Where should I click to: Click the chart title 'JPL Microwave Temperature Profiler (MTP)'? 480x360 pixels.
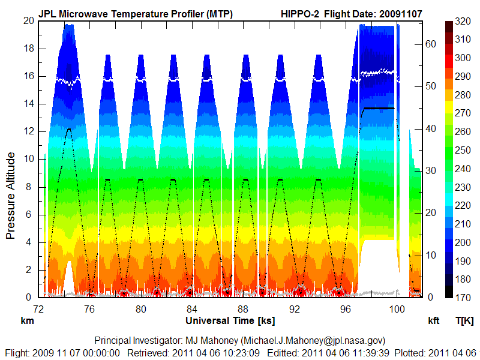tap(136, 13)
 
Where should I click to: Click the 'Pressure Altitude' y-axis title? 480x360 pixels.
tap(11, 196)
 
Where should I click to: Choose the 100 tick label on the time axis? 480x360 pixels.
tap(397, 309)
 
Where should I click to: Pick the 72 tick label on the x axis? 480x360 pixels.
tap(38, 309)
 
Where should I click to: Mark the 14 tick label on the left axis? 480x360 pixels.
tap(28, 104)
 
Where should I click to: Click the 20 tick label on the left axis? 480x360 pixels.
tap(28, 20)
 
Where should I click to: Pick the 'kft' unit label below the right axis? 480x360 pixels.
tap(434, 321)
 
